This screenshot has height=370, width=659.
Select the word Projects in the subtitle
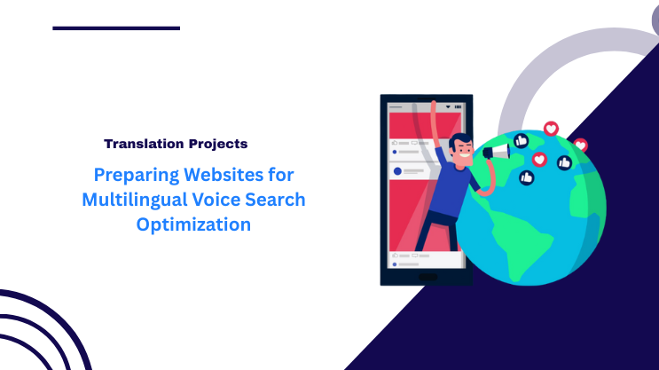[x=218, y=143]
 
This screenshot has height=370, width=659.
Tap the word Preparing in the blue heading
[x=132, y=175]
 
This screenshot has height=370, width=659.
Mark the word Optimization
[x=193, y=224]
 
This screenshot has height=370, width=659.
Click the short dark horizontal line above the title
[x=116, y=28]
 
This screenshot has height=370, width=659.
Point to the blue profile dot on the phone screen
[x=397, y=170]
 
